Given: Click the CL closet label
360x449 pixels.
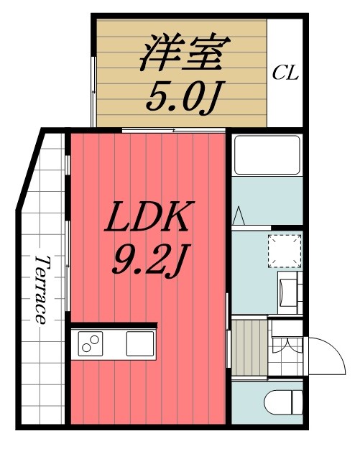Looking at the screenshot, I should tap(285, 73).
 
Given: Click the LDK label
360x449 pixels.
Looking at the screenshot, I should tap(147, 217).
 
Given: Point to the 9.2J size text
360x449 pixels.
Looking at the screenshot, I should tap(148, 261).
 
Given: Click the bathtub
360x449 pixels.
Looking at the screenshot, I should tap(266, 154).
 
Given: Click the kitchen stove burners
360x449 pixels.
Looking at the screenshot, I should tap(91, 344).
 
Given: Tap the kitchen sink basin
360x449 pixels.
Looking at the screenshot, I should tap(139, 343).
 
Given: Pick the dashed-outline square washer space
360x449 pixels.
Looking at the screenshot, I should tap(283, 251).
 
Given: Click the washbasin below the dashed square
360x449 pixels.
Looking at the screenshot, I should tap(290, 292).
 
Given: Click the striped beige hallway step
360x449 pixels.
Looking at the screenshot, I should tap(249, 348).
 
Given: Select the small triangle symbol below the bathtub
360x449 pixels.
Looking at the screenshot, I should tap(239, 215).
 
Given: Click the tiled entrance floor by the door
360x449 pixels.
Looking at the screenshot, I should tap(287, 371).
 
